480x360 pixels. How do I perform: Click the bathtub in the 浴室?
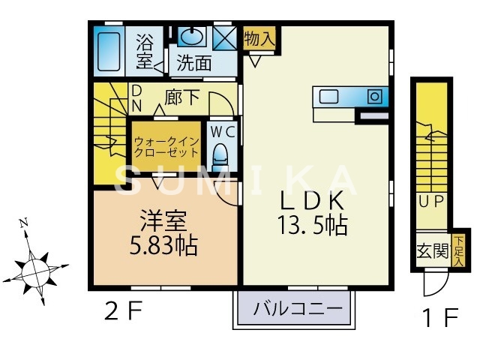109,52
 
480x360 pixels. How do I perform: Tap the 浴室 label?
145,49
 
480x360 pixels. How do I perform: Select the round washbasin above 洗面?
193,37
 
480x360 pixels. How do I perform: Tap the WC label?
222,131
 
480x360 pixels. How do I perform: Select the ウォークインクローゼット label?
166,146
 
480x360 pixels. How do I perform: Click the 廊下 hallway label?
181,97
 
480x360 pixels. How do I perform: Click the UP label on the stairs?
432,200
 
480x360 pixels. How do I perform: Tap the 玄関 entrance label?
430,250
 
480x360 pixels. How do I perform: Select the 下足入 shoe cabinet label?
457,248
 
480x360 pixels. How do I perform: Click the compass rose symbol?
34,265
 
